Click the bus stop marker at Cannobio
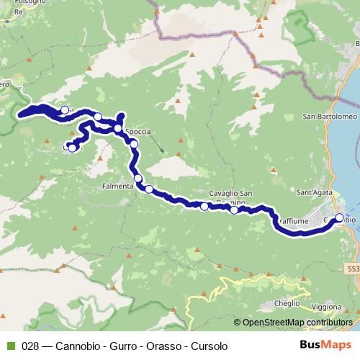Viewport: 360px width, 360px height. [339, 215]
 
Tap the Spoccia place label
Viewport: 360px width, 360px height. [138, 132]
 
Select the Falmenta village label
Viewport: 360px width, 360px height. [118, 186]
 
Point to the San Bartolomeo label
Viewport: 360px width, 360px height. [325, 117]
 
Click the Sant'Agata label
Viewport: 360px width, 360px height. [314, 192]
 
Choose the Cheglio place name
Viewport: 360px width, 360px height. [287, 304]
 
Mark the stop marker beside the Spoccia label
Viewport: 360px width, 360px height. [118, 129]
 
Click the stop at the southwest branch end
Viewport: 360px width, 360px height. [72, 148]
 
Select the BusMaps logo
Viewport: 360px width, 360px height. [326, 346]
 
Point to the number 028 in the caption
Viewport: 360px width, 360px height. [31, 346]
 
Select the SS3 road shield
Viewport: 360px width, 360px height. [352, 268]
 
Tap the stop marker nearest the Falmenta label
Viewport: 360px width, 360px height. [138, 179]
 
